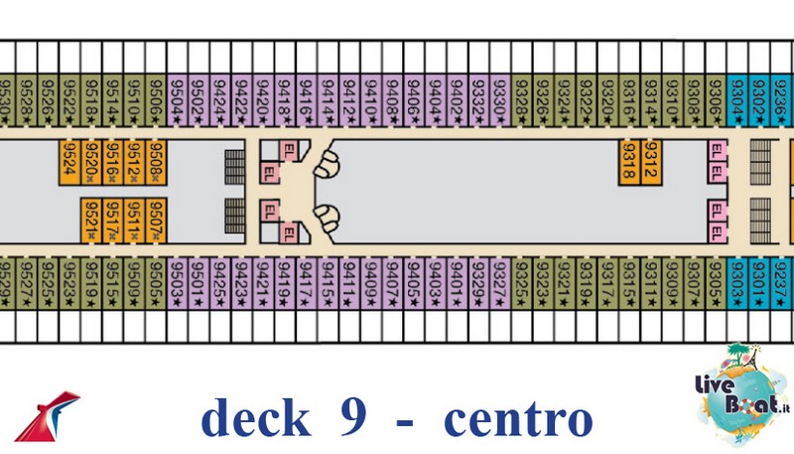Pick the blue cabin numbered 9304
(737, 99)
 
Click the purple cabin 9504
(178, 99)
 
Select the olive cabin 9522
(69, 99)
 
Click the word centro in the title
(517, 418)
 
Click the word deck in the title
(254, 418)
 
